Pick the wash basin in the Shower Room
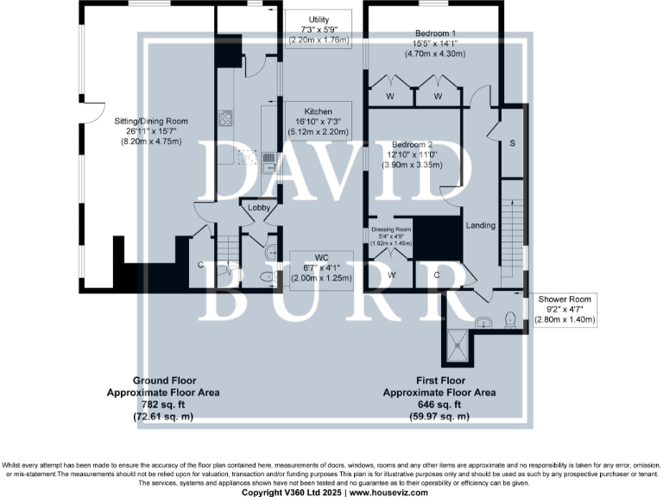485,323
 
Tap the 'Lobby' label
259,208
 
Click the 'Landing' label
481,226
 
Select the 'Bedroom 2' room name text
412,144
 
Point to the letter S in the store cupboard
512,142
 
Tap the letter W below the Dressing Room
391,275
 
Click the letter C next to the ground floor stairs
200,265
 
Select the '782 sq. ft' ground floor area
163,403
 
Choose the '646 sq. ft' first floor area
439,403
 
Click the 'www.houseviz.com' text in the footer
385,492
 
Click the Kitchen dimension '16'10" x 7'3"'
317,122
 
